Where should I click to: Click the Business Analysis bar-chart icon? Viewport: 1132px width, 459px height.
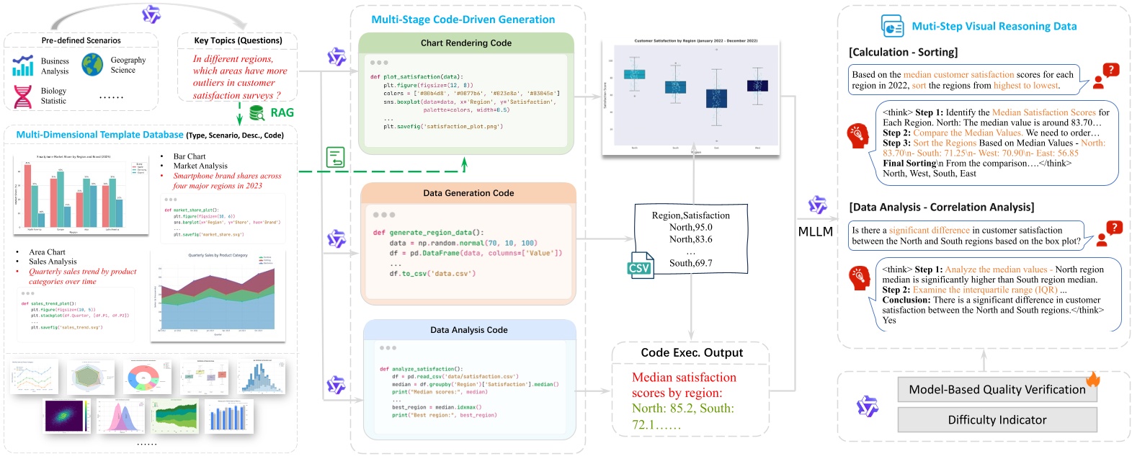(x=23, y=66)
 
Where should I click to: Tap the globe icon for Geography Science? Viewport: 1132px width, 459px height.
(x=92, y=65)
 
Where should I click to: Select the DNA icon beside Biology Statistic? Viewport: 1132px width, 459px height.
(x=23, y=96)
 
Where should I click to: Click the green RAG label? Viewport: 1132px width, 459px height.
(x=282, y=112)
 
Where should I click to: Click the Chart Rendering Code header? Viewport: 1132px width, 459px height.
(x=466, y=43)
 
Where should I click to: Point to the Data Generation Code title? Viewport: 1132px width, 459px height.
(x=468, y=193)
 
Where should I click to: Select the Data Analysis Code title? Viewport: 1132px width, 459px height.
(x=468, y=330)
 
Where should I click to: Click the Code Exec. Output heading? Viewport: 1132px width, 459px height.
(x=692, y=353)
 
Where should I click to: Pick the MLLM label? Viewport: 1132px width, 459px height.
(x=815, y=232)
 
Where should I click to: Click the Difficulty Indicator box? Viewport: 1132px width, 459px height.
(x=997, y=420)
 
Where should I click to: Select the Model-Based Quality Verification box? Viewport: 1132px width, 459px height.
(x=997, y=390)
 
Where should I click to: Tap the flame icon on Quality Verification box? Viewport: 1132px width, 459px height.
(x=1093, y=379)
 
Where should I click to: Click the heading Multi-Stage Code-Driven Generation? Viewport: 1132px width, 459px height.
(x=463, y=19)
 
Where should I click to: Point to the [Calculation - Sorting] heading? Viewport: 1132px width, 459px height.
(x=904, y=53)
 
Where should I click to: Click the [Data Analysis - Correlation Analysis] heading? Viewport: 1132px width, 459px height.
(x=941, y=208)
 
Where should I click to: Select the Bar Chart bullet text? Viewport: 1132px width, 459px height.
(x=190, y=156)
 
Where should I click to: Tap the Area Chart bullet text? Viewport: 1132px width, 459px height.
(x=47, y=252)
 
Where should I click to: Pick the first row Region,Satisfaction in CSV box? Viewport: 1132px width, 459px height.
(x=690, y=215)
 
